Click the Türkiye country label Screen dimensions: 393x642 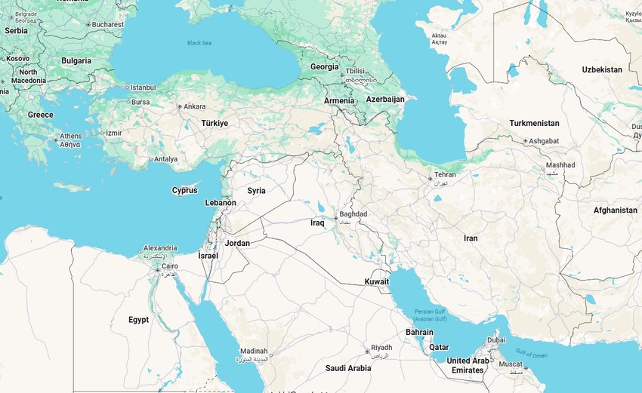pyautogui.click(x=215, y=123)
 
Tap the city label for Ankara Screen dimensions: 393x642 pyautogui.click(x=194, y=106)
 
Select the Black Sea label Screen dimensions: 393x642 pyautogui.click(x=199, y=43)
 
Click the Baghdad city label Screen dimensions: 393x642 pyautogui.click(x=353, y=214)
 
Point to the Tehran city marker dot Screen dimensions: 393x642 pyautogui.click(x=430, y=179)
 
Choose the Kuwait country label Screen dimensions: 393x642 pyautogui.click(x=376, y=281)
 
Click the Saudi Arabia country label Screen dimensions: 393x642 pyautogui.click(x=348, y=368)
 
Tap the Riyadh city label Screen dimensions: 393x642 pyautogui.click(x=381, y=348)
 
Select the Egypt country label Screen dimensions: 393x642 pyautogui.click(x=138, y=320)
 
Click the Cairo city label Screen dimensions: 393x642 pyautogui.click(x=169, y=266)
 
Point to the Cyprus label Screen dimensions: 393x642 pyautogui.click(x=184, y=190)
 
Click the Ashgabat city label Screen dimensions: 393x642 pyautogui.click(x=544, y=141)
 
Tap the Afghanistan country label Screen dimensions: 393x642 pyautogui.click(x=615, y=210)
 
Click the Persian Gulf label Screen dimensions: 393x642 pyautogui.click(x=430, y=312)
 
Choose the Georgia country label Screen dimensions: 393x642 pyautogui.click(x=325, y=66)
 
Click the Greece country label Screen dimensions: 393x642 pyautogui.click(x=41, y=115)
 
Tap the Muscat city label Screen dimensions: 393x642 pyautogui.click(x=511, y=364)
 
